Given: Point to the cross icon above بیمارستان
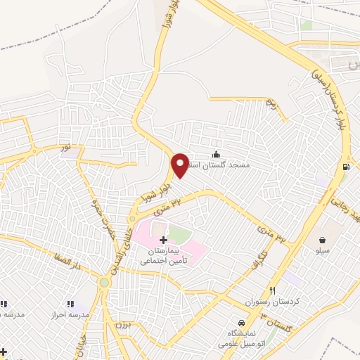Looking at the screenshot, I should [x=164, y=240].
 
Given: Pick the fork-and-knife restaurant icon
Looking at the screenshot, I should [x=273, y=290].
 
